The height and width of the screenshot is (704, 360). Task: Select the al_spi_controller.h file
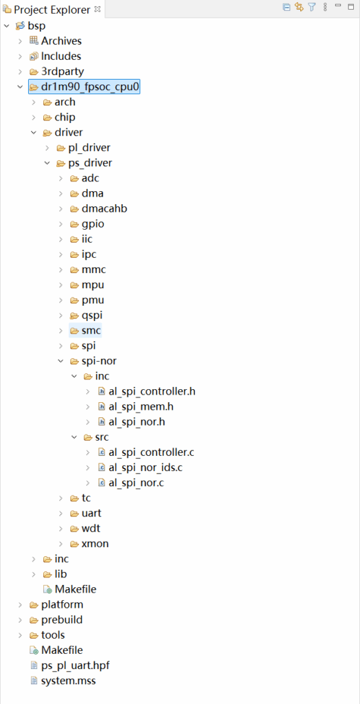[152, 391]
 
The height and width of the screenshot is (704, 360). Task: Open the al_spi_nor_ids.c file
[146, 467]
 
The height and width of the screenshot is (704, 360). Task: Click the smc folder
[91, 331]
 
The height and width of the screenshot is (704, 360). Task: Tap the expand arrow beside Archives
[20, 41]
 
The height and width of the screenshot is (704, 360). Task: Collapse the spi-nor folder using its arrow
[60, 361]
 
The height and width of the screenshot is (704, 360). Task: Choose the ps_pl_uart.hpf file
[75, 665]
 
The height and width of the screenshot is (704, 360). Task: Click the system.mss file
[68, 681]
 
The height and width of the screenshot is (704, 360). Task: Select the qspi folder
[92, 316]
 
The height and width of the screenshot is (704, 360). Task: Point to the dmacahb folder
[101, 209]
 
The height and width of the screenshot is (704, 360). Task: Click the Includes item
[61, 56]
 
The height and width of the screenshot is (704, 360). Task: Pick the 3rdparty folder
[63, 71]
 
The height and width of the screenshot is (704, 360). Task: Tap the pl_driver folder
[89, 148]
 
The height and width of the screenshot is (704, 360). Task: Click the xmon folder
[95, 544]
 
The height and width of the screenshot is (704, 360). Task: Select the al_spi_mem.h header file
[141, 407]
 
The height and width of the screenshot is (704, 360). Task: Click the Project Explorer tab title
[52, 10]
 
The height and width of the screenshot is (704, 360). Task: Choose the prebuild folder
[62, 620]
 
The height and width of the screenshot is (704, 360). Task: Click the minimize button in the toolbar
[338, 5]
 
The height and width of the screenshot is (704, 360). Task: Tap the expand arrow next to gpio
[60, 224]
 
